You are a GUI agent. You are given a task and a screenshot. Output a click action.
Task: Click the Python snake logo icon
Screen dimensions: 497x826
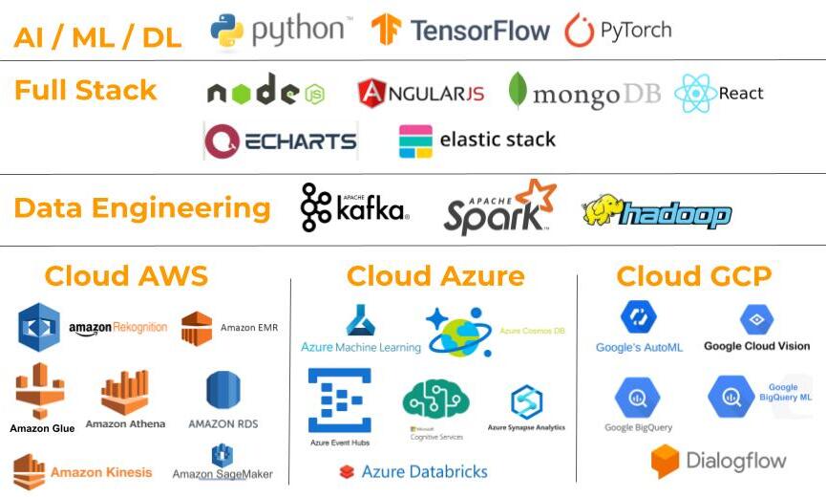click(227, 31)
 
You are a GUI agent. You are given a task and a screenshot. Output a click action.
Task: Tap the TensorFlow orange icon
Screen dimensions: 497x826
click(387, 31)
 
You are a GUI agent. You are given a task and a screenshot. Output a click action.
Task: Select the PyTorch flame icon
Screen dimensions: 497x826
click(579, 31)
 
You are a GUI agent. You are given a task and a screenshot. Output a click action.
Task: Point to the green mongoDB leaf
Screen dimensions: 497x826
click(518, 92)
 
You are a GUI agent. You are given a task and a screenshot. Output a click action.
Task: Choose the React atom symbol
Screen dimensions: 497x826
click(694, 94)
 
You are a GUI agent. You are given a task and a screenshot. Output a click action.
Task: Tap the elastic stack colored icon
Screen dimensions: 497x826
click(415, 141)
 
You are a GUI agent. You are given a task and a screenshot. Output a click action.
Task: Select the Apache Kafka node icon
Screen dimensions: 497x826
click(316, 208)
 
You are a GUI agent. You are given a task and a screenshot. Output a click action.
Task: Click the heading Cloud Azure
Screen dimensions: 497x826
click(435, 277)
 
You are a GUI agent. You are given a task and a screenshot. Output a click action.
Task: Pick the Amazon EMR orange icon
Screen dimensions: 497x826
click(197, 328)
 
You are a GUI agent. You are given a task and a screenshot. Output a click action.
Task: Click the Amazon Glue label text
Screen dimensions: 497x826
click(42, 429)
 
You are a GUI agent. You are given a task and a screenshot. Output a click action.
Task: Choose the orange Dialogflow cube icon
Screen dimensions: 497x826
click(665, 462)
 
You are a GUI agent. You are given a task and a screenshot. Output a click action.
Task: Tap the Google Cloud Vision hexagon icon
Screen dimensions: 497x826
click(756, 319)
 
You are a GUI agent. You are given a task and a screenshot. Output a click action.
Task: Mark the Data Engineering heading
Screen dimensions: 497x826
click(142, 208)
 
